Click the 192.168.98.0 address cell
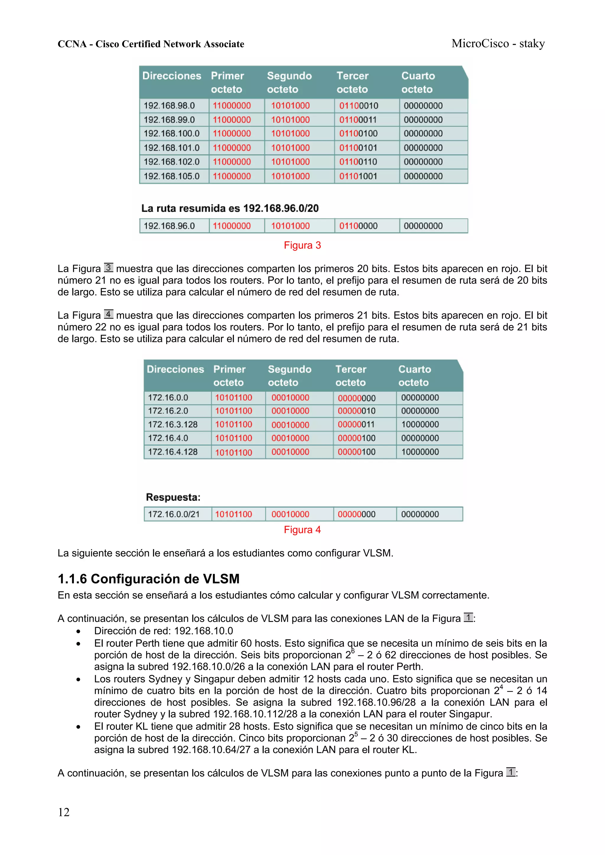(169, 106)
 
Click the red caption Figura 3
(302, 245)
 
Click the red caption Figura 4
(302, 530)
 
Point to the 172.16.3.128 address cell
(173, 424)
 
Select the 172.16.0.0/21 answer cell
(174, 514)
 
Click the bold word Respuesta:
(173, 497)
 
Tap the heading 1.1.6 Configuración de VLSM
(148, 579)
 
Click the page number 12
(64, 812)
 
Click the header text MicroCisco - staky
(498, 44)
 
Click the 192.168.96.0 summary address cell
(169, 226)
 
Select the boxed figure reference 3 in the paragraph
(108, 267)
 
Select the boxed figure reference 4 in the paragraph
(108, 314)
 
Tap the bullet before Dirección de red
(78, 631)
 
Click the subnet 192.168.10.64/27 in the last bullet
(211, 750)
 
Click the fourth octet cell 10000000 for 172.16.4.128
(420, 452)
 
